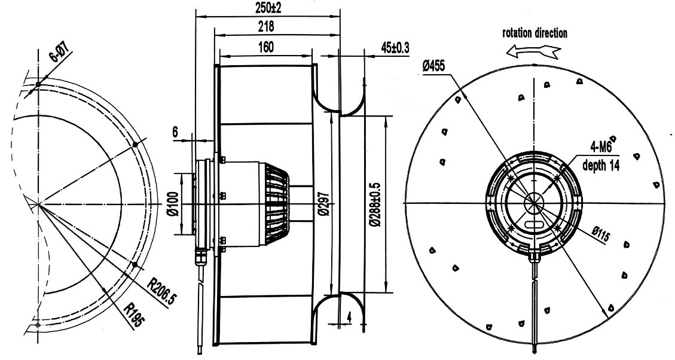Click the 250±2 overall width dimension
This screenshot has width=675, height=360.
click(x=267, y=8)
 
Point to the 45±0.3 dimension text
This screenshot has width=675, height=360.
click(x=395, y=47)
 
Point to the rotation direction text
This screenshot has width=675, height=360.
click(x=534, y=33)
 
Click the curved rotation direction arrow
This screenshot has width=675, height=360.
click(x=533, y=53)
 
